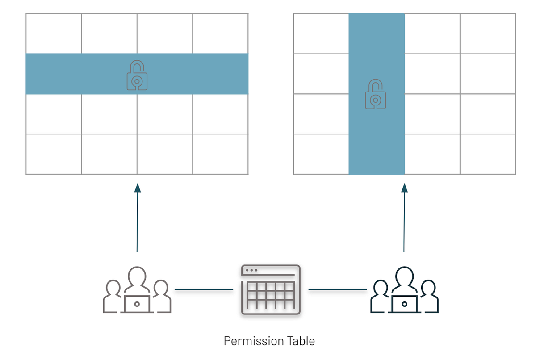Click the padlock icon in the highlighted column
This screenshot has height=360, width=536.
[377, 94]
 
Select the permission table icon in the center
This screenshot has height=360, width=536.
[271, 290]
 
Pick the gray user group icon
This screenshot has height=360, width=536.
[137, 290]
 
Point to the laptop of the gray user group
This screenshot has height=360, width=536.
[137, 304]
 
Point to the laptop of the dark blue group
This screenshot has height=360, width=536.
[405, 304]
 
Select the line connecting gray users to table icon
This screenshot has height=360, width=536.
[204, 290]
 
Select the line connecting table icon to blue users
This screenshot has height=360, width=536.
[338, 290]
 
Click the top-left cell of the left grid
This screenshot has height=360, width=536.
[54, 33]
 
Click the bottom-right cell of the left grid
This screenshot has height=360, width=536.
[220, 154]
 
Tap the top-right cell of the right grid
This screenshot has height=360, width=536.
[488, 33]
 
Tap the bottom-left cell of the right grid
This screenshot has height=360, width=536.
[321, 154]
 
